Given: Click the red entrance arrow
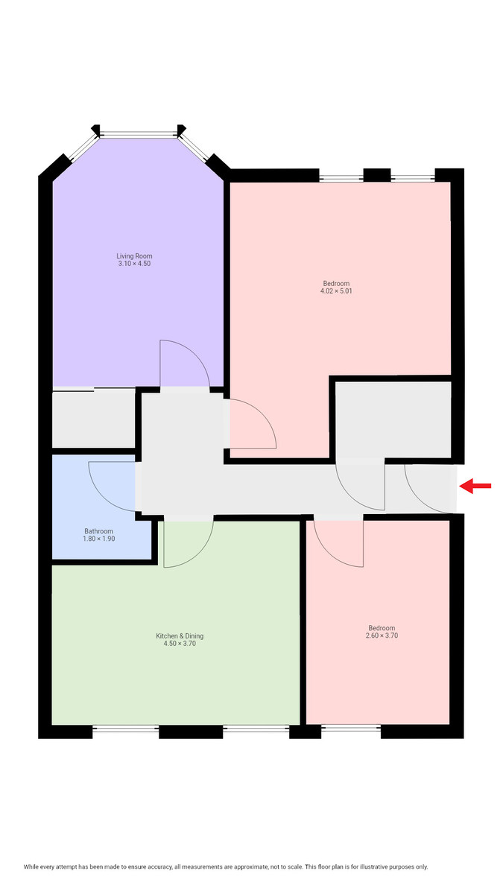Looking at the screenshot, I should click(475, 486).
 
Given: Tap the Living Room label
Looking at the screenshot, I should click(134, 256).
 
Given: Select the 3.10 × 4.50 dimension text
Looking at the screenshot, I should click(134, 264).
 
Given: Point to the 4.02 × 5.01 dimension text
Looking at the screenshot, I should click(336, 291).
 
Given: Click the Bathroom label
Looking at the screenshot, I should click(98, 530).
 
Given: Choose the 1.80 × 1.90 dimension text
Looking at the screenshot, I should click(98, 539).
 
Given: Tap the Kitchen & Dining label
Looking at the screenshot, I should click(180, 636).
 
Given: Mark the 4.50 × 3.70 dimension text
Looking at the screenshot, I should click(180, 644).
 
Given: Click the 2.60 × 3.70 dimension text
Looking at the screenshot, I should click(382, 636).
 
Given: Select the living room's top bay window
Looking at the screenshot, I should click(139, 135).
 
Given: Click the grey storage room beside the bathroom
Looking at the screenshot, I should click(92, 419).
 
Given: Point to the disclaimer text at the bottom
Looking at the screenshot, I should click(226, 867).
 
